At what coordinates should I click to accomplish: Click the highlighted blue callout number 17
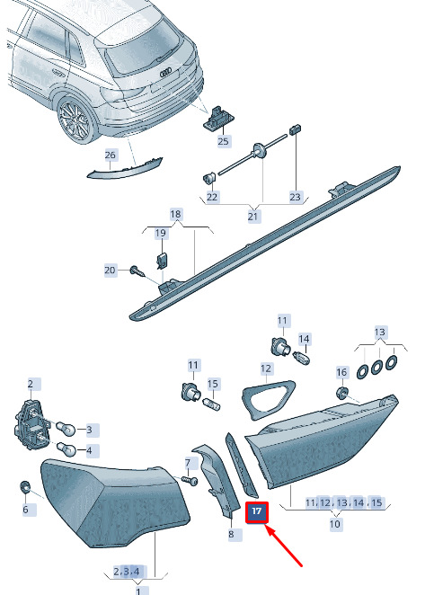[x=257, y=512]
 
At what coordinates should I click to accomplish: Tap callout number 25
[x=223, y=141]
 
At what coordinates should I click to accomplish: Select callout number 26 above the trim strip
[x=110, y=155]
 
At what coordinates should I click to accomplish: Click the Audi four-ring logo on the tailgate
[x=166, y=73]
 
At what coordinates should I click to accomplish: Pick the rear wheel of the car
[x=75, y=120]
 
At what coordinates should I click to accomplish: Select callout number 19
[x=161, y=233]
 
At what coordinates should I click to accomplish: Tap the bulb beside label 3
[x=66, y=429]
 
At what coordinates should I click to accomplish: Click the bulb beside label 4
[x=66, y=449]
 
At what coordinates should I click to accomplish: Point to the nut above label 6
[x=25, y=487]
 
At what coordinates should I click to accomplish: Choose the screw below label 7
[x=190, y=480]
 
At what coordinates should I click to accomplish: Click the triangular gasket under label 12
[x=269, y=399]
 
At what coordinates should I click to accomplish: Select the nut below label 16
[x=342, y=393]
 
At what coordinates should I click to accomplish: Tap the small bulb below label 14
[x=302, y=358]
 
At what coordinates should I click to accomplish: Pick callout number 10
[x=334, y=524]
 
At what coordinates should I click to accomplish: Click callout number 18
[x=175, y=215]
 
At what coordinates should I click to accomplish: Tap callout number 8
[x=232, y=534]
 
